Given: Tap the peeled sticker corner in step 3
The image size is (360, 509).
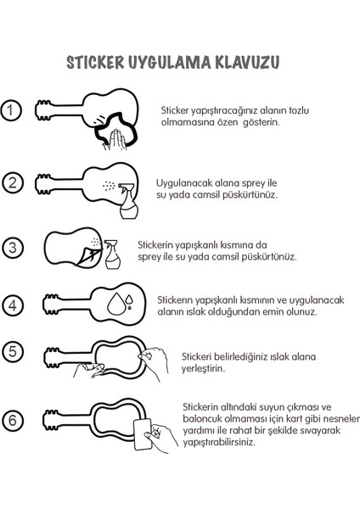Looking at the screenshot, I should click(x=87, y=253).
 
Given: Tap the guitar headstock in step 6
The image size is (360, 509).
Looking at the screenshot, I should click(x=53, y=419).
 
